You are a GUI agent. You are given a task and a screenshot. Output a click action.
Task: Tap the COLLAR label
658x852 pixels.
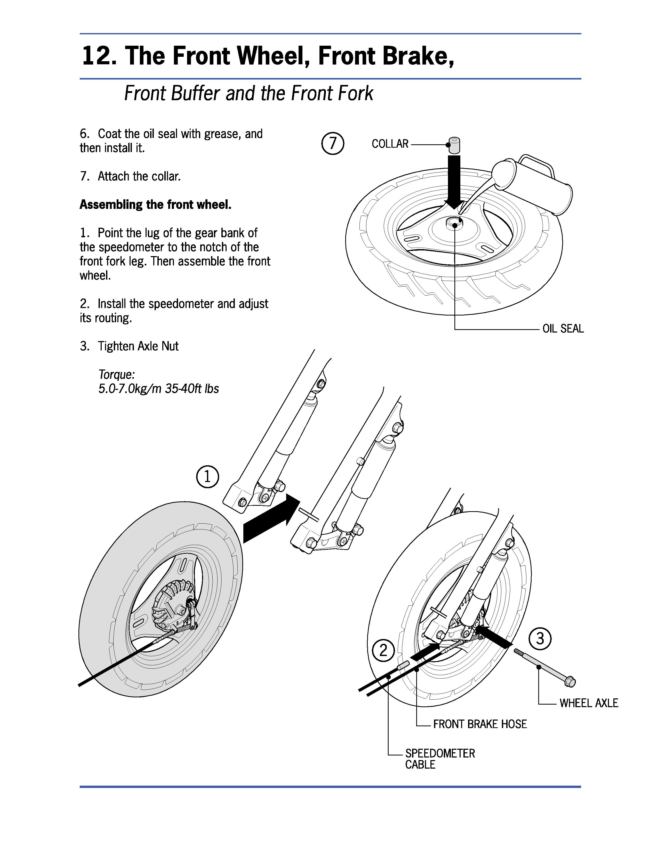(390, 144)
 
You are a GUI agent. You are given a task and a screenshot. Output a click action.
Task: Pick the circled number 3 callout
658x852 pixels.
(540, 638)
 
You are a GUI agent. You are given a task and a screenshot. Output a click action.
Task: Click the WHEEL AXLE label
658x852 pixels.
(589, 703)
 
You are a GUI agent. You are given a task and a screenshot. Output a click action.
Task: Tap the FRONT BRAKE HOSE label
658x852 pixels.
(480, 724)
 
